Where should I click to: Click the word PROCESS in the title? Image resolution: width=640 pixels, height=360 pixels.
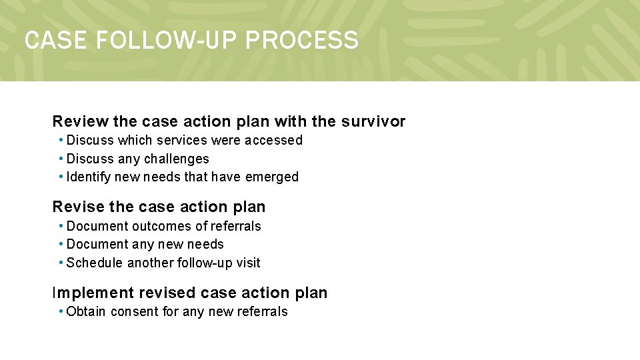pos(301,41)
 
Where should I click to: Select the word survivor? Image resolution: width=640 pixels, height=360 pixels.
pos(373,121)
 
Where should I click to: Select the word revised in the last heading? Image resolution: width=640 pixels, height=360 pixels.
pos(168,293)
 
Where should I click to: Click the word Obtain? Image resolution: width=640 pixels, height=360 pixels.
pos(86,312)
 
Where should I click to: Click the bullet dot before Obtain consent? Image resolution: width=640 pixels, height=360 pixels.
pos(61,311)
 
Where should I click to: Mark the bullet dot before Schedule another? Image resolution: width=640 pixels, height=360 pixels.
pos(61,263)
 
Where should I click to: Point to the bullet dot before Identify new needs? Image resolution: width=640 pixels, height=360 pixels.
pos(61,177)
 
